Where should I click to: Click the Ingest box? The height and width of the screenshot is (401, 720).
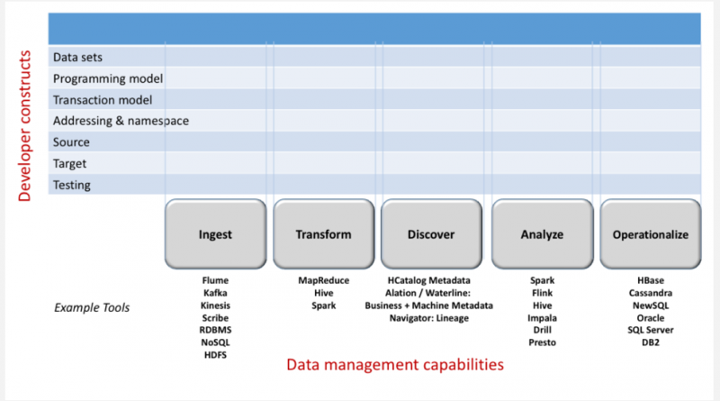[x=215, y=235]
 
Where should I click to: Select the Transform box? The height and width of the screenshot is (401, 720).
[x=323, y=235]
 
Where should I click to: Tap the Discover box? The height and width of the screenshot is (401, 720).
[x=431, y=235]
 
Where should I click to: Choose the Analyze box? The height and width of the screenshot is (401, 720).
[x=542, y=235]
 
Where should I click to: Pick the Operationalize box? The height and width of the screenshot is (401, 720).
[x=650, y=235]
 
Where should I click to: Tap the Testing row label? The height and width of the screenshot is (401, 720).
[x=72, y=186]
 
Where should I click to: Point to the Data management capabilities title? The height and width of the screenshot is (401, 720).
[x=394, y=365]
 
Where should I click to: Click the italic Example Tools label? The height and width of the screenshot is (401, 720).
[x=92, y=308]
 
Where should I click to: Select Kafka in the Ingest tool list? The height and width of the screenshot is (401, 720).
[x=215, y=293]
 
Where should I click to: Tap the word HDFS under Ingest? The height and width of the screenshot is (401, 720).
[x=215, y=355]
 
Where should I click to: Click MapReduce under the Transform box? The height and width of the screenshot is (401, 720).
[x=323, y=280]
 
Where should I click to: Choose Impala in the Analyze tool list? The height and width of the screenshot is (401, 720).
[x=542, y=318]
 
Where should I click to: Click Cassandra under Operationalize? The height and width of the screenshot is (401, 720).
[x=650, y=293]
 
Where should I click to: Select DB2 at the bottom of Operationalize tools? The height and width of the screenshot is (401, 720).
[x=650, y=342]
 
